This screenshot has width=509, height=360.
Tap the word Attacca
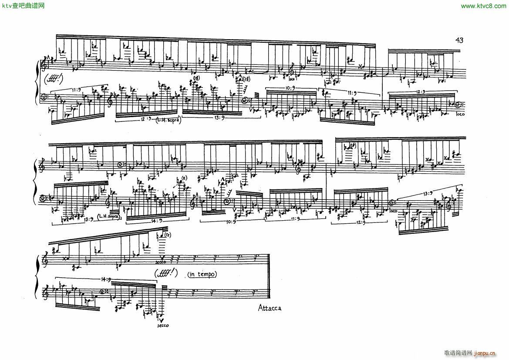(270, 308)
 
